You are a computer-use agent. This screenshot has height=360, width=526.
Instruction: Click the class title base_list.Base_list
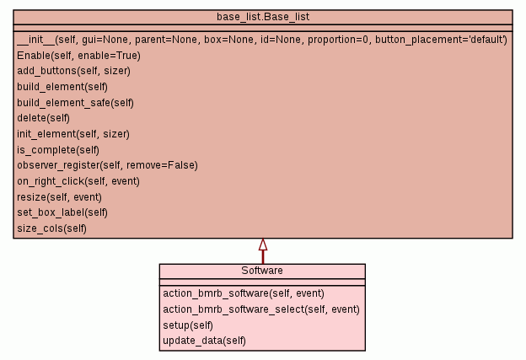click(x=262, y=17)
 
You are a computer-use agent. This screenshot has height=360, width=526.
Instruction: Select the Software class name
click(x=262, y=271)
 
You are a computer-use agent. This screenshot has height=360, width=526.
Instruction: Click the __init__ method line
click(x=261, y=40)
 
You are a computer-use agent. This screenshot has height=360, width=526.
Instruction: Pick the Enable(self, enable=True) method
click(x=78, y=55)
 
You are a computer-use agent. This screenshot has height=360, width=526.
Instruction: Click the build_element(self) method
click(x=62, y=86)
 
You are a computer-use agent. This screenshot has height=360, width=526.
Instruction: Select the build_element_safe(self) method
click(x=76, y=102)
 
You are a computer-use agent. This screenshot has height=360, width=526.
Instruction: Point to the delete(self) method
click(x=43, y=118)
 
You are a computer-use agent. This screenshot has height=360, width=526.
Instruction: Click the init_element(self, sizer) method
click(x=73, y=133)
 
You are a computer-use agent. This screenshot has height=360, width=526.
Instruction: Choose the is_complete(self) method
click(x=58, y=149)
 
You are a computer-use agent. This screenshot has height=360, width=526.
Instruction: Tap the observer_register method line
click(x=107, y=165)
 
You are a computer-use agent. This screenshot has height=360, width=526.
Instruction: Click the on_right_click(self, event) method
click(x=78, y=180)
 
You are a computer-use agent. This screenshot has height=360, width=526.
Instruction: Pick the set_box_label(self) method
click(x=62, y=212)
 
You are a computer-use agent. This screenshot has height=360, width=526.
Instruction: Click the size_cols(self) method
click(x=51, y=228)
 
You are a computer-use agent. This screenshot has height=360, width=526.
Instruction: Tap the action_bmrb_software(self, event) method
click(x=244, y=293)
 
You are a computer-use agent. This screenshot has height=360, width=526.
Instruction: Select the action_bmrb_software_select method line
click(x=261, y=309)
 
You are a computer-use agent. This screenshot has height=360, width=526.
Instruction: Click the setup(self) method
click(x=188, y=325)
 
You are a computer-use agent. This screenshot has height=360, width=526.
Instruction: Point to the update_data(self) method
click(x=204, y=341)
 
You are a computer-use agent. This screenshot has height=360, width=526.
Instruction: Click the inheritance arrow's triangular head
click(x=263, y=245)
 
